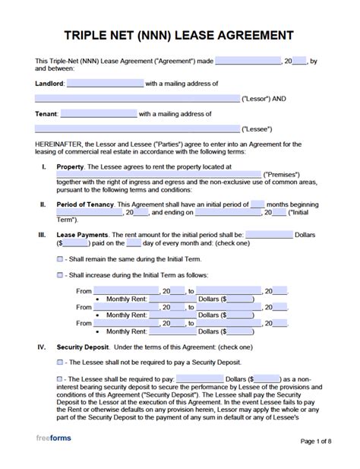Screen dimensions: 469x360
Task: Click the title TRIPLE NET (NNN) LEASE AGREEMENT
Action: pos(179,35)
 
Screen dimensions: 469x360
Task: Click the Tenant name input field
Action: pos(99,115)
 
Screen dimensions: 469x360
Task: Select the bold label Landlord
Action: pos(49,84)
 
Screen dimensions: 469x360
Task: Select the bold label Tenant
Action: pos(46,115)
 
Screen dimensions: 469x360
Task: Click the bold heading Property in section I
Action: pos(70,166)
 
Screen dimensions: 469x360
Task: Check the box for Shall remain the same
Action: pos(60,259)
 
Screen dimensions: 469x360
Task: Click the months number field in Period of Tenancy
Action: pos(257,204)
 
